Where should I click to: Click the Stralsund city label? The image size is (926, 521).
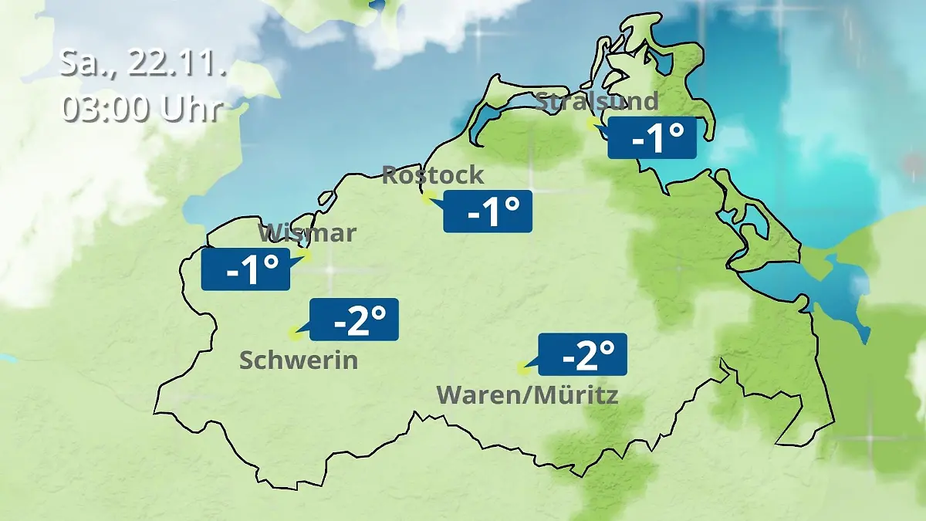[596, 101]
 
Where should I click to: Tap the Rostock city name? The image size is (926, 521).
[433, 174]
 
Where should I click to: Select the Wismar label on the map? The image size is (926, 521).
[307, 232]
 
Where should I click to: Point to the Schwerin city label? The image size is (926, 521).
[299, 360]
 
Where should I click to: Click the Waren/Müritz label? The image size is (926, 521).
[528, 395]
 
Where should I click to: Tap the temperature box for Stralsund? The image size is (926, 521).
[653, 139]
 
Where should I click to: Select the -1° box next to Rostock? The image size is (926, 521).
[488, 211]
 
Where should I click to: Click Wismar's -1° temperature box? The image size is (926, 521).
[245, 269]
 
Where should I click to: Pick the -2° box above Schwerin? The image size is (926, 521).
[354, 319]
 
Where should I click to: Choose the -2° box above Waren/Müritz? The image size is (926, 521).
[583, 354]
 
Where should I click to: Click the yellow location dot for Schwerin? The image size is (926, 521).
[293, 333]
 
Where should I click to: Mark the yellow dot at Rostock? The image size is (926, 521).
[427, 198]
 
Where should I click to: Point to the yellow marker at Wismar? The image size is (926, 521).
[305, 255]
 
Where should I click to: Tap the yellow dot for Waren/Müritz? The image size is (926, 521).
[524, 368]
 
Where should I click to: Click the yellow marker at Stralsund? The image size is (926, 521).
[592, 123]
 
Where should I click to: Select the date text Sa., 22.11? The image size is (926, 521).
[143, 64]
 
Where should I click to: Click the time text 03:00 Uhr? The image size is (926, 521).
[143, 109]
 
